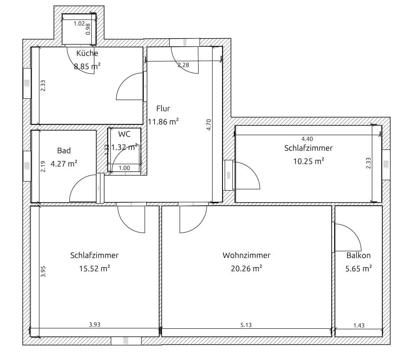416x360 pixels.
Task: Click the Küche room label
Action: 87,53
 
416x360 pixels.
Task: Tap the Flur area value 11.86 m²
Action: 163,122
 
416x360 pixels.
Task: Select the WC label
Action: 124,134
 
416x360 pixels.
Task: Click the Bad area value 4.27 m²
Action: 64,164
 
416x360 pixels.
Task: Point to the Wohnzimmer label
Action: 246,256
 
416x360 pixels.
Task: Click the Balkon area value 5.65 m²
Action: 358,269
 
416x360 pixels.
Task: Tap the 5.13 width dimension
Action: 246,325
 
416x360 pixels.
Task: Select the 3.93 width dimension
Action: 94,324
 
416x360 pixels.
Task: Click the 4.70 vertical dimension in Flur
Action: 209,124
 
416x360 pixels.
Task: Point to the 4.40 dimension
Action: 307,139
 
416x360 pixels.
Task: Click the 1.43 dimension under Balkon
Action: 359,325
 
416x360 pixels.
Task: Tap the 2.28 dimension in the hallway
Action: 184,65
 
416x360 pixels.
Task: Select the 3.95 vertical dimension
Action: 43,272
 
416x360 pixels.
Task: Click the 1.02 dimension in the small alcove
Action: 79,23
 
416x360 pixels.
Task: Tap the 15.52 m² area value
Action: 94,269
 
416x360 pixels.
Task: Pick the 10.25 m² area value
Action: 309,161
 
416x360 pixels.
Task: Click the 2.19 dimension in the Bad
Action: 43,166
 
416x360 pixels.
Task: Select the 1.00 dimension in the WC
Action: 124,168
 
